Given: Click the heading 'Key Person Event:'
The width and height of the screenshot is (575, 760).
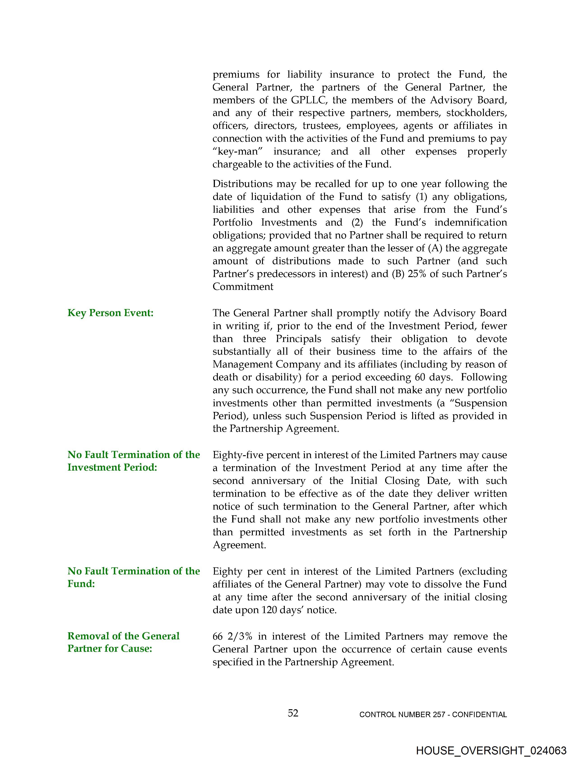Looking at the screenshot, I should point(110,313).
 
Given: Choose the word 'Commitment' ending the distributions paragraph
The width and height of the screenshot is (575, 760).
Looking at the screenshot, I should point(243,286).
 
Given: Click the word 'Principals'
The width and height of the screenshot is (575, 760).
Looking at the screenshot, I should point(299,339).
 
